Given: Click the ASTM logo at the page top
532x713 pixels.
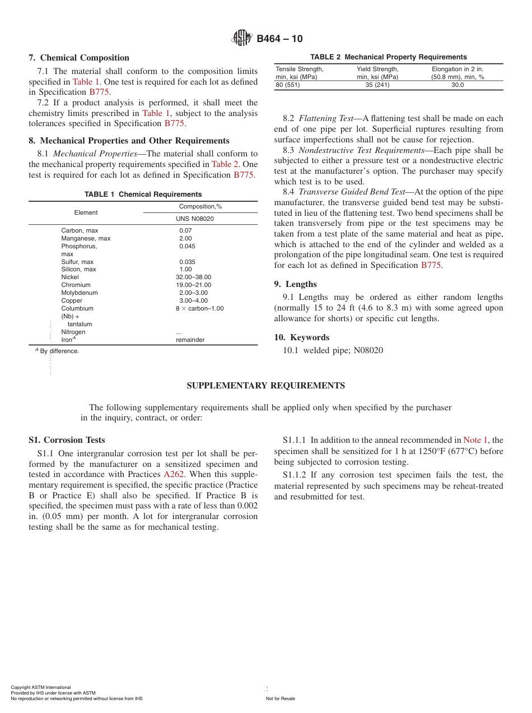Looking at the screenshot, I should click(x=242, y=38).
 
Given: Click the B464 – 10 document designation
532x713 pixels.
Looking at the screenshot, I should click(x=279, y=39).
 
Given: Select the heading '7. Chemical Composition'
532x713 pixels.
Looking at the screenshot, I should click(x=79, y=58).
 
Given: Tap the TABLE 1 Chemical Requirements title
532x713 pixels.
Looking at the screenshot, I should click(x=143, y=195).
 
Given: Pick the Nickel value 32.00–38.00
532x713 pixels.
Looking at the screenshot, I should click(x=193, y=277).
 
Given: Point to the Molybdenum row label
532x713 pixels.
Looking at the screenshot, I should click(x=79, y=293).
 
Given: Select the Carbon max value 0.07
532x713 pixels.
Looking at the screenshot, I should click(x=185, y=231).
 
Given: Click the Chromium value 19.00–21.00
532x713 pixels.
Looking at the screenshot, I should click(x=193, y=285).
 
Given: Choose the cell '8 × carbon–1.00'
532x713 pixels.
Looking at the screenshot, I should click(x=199, y=309).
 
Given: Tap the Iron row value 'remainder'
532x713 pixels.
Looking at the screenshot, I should click(x=190, y=340).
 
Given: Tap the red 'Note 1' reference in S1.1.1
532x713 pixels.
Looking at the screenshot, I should click(x=475, y=441).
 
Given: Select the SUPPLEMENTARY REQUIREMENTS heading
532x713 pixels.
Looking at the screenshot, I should click(x=265, y=386).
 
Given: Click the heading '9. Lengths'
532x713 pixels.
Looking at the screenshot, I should click(x=295, y=284).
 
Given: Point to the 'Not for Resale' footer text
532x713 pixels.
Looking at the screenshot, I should click(x=280, y=698).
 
